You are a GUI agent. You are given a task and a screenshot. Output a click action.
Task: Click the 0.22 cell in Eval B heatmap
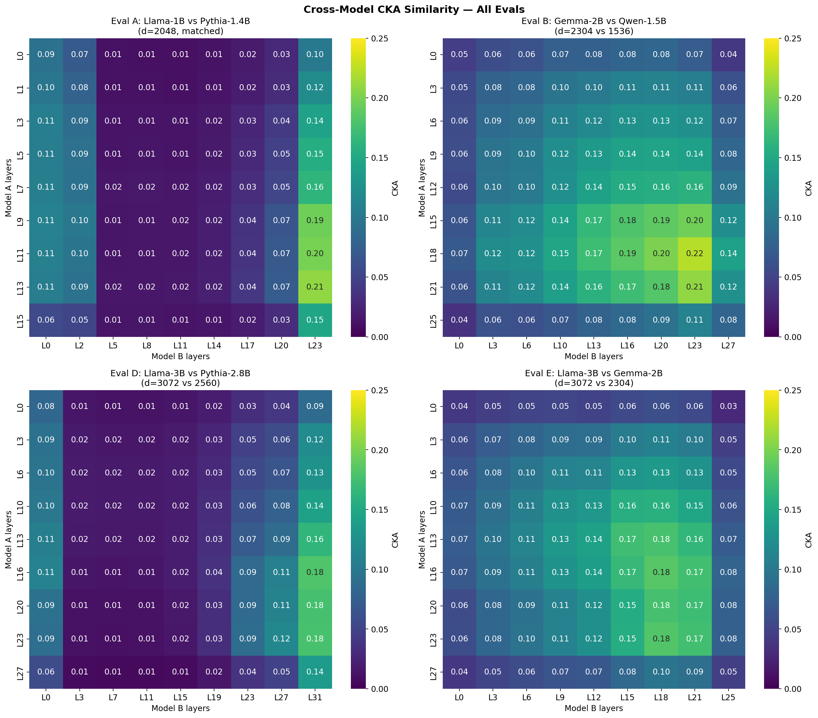pyautogui.click(x=694, y=253)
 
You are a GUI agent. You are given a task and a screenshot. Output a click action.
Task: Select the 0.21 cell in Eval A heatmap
pyautogui.click(x=315, y=286)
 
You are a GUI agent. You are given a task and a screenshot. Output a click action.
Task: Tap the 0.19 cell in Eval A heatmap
pyautogui.click(x=315, y=220)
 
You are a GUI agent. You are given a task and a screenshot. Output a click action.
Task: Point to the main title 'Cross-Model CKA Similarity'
pyautogui.click(x=414, y=9)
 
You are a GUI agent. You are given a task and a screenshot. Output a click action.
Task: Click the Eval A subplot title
pyautogui.click(x=181, y=26)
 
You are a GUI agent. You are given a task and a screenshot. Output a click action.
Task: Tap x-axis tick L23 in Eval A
pyautogui.click(x=315, y=346)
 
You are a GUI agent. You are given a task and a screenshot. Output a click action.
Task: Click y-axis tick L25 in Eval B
pyautogui.click(x=433, y=320)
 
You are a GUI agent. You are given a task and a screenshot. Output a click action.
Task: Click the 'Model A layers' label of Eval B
pyautogui.click(x=422, y=188)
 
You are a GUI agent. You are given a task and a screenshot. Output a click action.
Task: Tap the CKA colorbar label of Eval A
pyautogui.click(x=395, y=188)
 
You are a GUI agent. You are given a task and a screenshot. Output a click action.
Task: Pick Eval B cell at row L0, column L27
pyautogui.click(x=728, y=54)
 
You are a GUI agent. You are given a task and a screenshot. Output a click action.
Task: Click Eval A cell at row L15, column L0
pyautogui.click(x=46, y=320)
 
